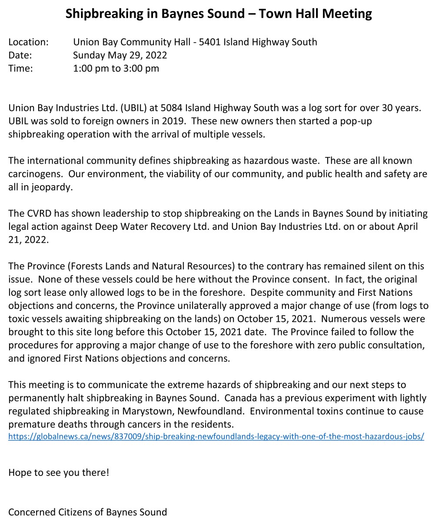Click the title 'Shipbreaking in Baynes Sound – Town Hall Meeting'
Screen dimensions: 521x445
click(x=219, y=13)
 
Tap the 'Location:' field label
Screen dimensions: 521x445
click(x=28, y=42)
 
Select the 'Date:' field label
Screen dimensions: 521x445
click(x=20, y=55)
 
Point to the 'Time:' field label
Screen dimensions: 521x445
click(x=20, y=68)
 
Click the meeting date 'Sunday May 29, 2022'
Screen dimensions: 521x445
click(x=120, y=55)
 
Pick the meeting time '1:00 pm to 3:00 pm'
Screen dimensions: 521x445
click(x=116, y=68)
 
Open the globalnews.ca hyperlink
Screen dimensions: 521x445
click(x=216, y=436)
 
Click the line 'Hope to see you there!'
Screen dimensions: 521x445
click(x=59, y=472)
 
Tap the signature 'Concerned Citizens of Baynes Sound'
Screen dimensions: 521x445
click(x=87, y=512)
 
